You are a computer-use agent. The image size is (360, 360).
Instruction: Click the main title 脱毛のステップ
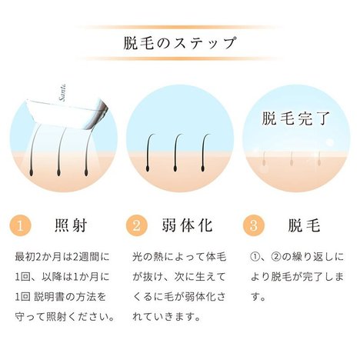179,43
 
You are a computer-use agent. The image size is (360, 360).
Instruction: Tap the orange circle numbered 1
20,225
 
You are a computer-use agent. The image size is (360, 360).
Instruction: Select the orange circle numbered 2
137,225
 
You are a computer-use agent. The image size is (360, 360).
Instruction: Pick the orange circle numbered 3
253,225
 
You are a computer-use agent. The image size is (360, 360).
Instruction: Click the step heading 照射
71,225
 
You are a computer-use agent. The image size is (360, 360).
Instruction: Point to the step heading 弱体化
187,225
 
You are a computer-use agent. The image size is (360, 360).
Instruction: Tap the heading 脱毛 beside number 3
304,225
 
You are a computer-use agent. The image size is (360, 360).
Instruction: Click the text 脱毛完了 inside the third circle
295,118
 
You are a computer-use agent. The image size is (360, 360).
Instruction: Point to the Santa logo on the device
63,92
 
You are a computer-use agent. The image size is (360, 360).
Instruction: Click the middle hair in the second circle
175,152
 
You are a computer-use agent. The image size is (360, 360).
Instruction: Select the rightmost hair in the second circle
204,152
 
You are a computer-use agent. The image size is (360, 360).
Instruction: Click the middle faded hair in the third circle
292,158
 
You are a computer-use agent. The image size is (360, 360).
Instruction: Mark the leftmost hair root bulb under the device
32,173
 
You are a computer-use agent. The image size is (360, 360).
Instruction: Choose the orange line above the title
179,27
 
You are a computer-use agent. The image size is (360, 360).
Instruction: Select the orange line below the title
179,58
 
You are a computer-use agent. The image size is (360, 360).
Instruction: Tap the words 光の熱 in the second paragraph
148,257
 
